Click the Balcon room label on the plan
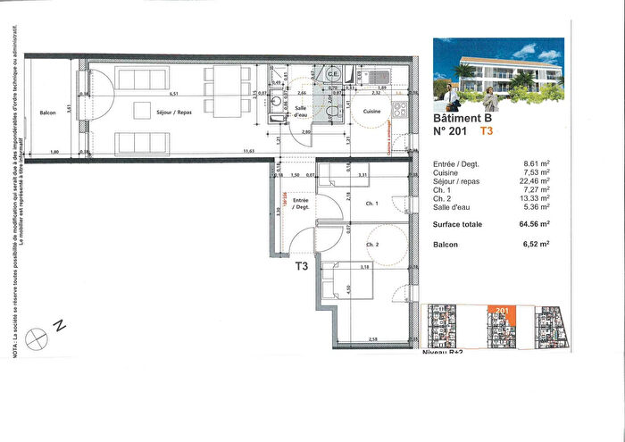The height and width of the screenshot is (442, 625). tap(48, 113)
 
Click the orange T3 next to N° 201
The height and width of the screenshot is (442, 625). tap(487, 130)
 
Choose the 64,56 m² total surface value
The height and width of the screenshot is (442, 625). tap(534, 224)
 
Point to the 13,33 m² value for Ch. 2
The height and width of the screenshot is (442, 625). tap(534, 197)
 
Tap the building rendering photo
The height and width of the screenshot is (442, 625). tap(497, 72)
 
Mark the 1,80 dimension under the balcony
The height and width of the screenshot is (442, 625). tap(53, 153)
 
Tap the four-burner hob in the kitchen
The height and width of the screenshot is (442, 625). tap(399, 112)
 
